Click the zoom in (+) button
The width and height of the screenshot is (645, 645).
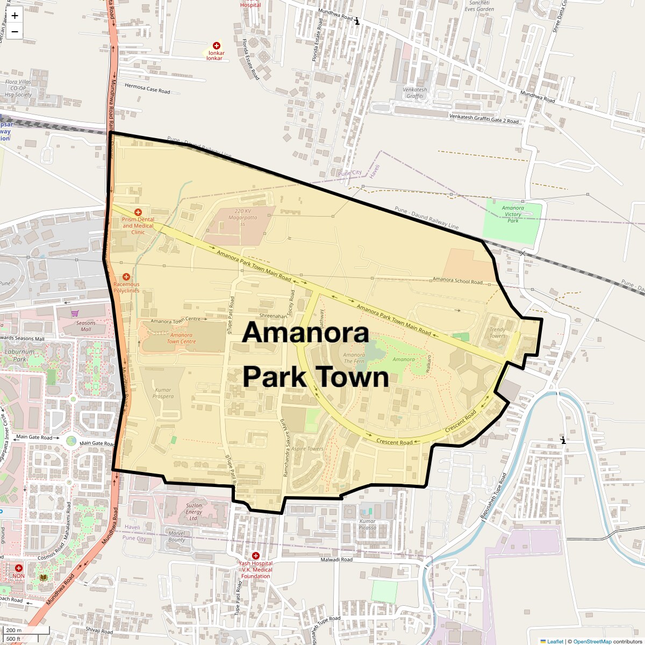[x=15, y=16]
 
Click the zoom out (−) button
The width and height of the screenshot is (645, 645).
[x=15, y=32]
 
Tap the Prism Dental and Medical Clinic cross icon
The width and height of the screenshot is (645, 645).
[x=138, y=213]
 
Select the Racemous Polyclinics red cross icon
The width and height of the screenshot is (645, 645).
[x=126, y=277]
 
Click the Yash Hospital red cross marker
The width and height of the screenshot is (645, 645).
[x=256, y=556]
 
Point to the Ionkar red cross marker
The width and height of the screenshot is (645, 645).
[x=217, y=46]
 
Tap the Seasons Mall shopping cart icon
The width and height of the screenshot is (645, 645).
[x=75, y=313]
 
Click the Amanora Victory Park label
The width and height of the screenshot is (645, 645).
[x=513, y=214]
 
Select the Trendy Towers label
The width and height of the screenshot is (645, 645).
[x=497, y=333]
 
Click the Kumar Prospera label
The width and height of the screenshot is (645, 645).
[x=163, y=393]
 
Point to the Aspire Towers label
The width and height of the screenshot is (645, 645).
[x=307, y=449]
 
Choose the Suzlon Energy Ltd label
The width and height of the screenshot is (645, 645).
[x=194, y=512]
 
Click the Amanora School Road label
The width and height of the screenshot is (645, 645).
[x=457, y=281]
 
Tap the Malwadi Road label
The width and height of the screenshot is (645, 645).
[x=336, y=560]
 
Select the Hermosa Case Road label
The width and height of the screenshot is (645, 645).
[x=147, y=88]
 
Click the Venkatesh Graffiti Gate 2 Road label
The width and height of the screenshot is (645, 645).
[x=484, y=119]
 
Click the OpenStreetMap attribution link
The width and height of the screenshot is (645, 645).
[x=592, y=641]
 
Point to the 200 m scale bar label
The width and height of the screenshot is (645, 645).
[x=15, y=630]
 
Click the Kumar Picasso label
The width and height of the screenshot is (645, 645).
[x=368, y=524]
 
